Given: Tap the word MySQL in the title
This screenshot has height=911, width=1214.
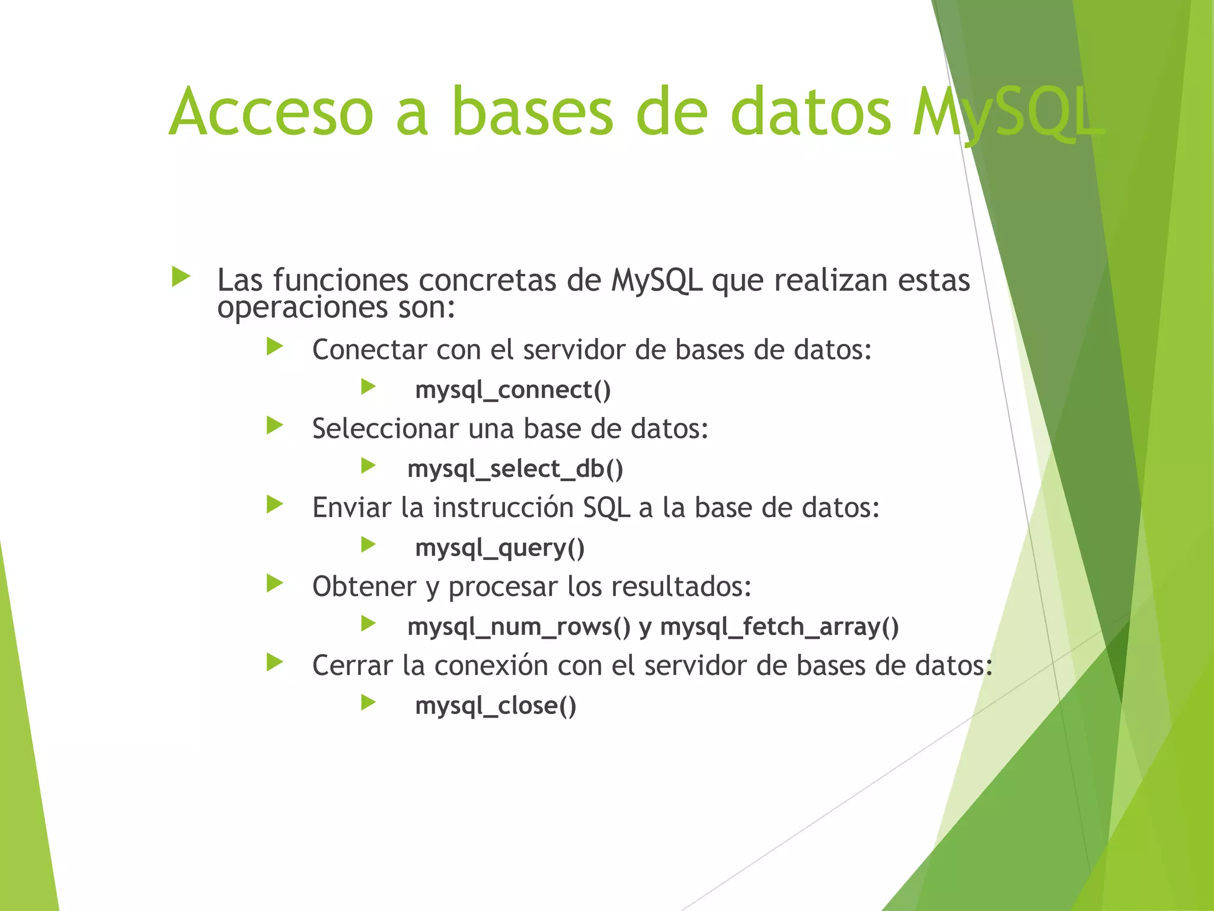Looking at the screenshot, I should (x=1008, y=113).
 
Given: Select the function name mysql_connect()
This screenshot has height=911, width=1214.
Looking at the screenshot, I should (x=513, y=390).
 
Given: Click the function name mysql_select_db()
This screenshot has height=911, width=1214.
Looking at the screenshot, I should (x=515, y=469).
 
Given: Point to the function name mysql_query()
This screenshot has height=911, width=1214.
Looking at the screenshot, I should (x=500, y=548).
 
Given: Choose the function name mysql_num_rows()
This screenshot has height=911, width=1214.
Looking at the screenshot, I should (x=519, y=627).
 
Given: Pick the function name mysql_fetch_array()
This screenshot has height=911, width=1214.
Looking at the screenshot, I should (x=779, y=627).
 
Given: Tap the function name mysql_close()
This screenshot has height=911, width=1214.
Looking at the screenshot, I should (x=496, y=706).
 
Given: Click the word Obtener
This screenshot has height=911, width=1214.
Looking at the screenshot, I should (x=364, y=587).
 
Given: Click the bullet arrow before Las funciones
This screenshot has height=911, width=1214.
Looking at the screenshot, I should (x=181, y=276).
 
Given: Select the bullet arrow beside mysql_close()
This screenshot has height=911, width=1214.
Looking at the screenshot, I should (x=368, y=703).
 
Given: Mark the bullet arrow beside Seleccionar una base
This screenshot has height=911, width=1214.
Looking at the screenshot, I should (x=274, y=425).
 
